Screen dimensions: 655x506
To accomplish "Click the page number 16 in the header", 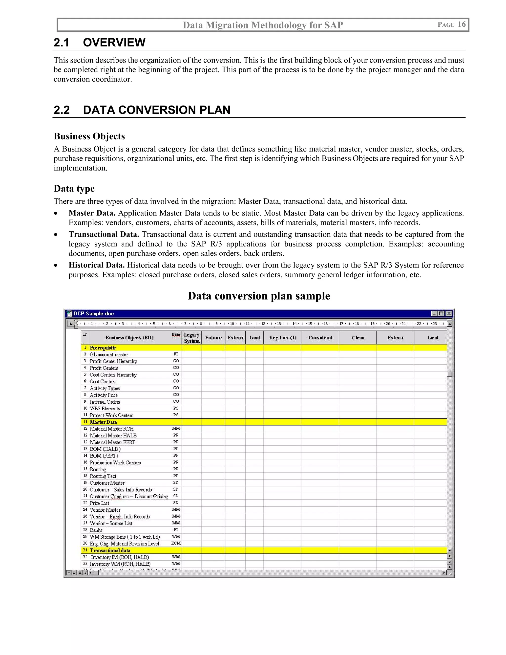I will point(461,24).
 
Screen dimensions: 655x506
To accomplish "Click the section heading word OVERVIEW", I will point(114,42).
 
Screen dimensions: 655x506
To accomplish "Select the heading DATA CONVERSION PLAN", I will point(156,110).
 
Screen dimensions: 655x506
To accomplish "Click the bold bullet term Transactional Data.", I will point(104,234).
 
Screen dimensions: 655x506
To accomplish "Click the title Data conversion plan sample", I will point(259,296).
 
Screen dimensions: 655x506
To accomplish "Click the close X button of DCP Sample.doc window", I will point(449,313).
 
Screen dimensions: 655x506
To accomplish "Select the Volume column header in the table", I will point(213,338).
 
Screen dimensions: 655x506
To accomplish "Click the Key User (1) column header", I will point(282,338).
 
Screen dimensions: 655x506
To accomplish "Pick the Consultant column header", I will point(320,338).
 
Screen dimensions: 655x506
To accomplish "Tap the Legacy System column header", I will point(191,338).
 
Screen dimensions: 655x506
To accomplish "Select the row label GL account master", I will point(109,354).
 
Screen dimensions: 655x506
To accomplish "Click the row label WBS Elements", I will point(105,409).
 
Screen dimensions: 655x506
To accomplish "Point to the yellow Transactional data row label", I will point(110,550).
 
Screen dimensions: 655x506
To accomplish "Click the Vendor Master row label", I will point(105,510).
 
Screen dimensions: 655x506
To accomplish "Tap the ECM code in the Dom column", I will point(176,543).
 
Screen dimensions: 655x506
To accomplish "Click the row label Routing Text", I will point(103,476).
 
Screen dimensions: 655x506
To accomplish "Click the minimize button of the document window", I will point(434,313).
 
